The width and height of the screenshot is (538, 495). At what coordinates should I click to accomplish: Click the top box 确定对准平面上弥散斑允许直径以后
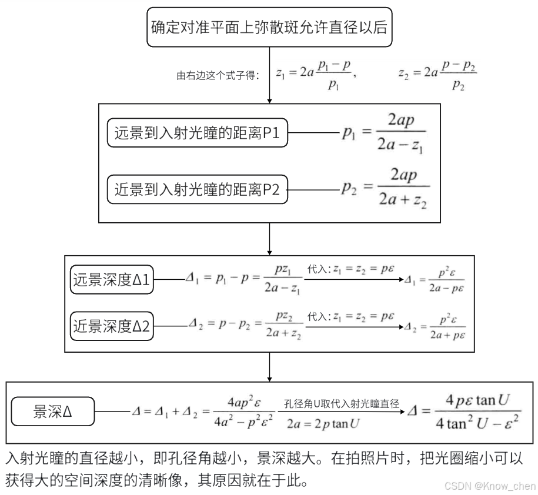coord(269,27)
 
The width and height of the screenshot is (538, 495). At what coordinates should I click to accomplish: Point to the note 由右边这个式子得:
coord(218,75)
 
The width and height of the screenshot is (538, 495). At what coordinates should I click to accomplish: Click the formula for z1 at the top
coord(315,74)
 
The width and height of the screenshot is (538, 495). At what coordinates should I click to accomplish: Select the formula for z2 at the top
coord(437,75)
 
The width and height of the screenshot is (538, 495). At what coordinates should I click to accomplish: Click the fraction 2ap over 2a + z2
coord(402,189)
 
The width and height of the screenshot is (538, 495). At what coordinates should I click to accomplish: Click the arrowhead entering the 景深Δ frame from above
coord(269,379)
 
